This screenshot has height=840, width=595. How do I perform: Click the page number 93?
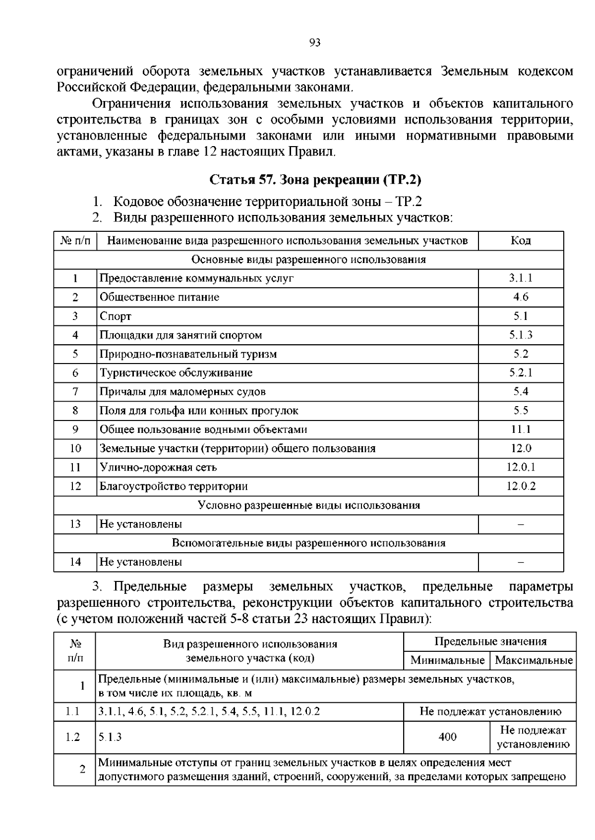315,43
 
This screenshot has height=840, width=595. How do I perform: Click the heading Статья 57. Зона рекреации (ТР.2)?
315,179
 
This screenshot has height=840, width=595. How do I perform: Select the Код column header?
521,241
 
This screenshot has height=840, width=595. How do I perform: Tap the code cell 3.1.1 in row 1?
521,278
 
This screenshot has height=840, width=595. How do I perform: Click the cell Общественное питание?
159,297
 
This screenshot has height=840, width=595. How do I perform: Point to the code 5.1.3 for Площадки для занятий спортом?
521,335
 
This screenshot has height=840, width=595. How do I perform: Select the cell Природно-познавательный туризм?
188,354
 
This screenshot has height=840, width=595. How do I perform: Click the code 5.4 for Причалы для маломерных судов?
521,392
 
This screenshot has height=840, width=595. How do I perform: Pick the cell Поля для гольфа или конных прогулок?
199,411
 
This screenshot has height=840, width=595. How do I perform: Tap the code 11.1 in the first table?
521,429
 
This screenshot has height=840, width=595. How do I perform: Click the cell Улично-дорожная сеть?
158,467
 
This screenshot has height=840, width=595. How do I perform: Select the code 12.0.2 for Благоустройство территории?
521,486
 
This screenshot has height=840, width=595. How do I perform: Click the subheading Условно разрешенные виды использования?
308,505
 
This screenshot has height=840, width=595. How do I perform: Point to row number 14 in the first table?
75,562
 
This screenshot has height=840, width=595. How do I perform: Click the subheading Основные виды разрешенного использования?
308,260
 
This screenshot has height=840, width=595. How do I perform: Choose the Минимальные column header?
447,660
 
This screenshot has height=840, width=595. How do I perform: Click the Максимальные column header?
534,660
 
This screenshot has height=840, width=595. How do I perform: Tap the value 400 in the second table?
447,737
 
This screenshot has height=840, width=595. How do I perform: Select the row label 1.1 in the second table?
73,712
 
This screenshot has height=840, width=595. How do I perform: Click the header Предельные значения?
490,642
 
